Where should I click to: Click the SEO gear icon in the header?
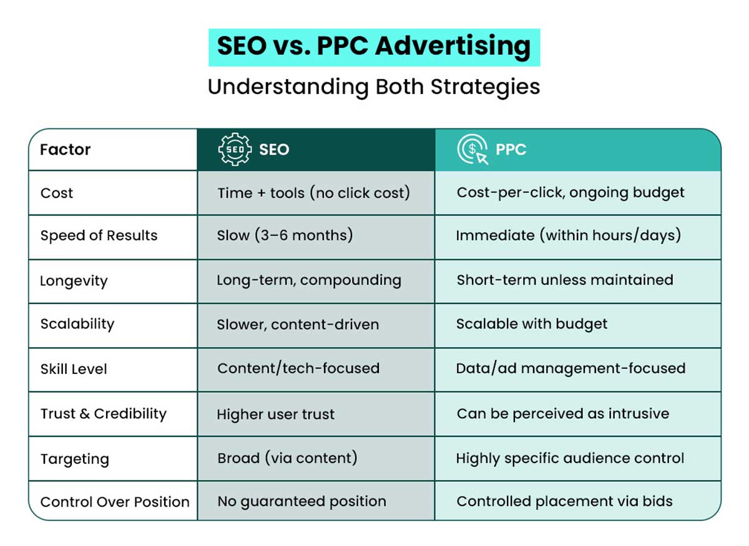[234, 150]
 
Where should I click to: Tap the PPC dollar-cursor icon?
[472, 150]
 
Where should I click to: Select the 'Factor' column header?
[66, 150]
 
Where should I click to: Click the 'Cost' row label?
[57, 193]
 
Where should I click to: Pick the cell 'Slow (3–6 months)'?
[285, 236]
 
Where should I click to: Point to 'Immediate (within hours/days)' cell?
[568, 236]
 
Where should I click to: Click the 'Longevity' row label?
[74, 281]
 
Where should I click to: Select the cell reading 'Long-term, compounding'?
[308, 280]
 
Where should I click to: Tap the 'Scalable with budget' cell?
[531, 324]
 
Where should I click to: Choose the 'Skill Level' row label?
[74, 369]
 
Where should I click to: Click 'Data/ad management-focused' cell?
[570, 368]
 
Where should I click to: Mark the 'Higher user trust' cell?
[275, 414]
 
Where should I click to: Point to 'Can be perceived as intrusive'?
[562, 413]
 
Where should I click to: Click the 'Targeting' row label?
[74, 459]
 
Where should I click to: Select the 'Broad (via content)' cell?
[287, 458]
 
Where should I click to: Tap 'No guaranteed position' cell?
[301, 501]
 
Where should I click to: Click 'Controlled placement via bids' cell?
[564, 501]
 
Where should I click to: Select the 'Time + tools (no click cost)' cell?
[313, 193]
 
